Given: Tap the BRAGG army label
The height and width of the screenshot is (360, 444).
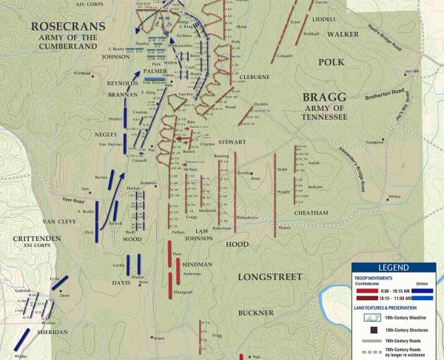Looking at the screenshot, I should point(322,97).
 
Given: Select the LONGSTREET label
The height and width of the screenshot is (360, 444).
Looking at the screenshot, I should point(269,276).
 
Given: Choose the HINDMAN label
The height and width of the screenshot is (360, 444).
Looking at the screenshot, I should point(198,262).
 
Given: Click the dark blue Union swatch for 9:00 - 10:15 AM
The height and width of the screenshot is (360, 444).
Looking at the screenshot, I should point(423,290).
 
